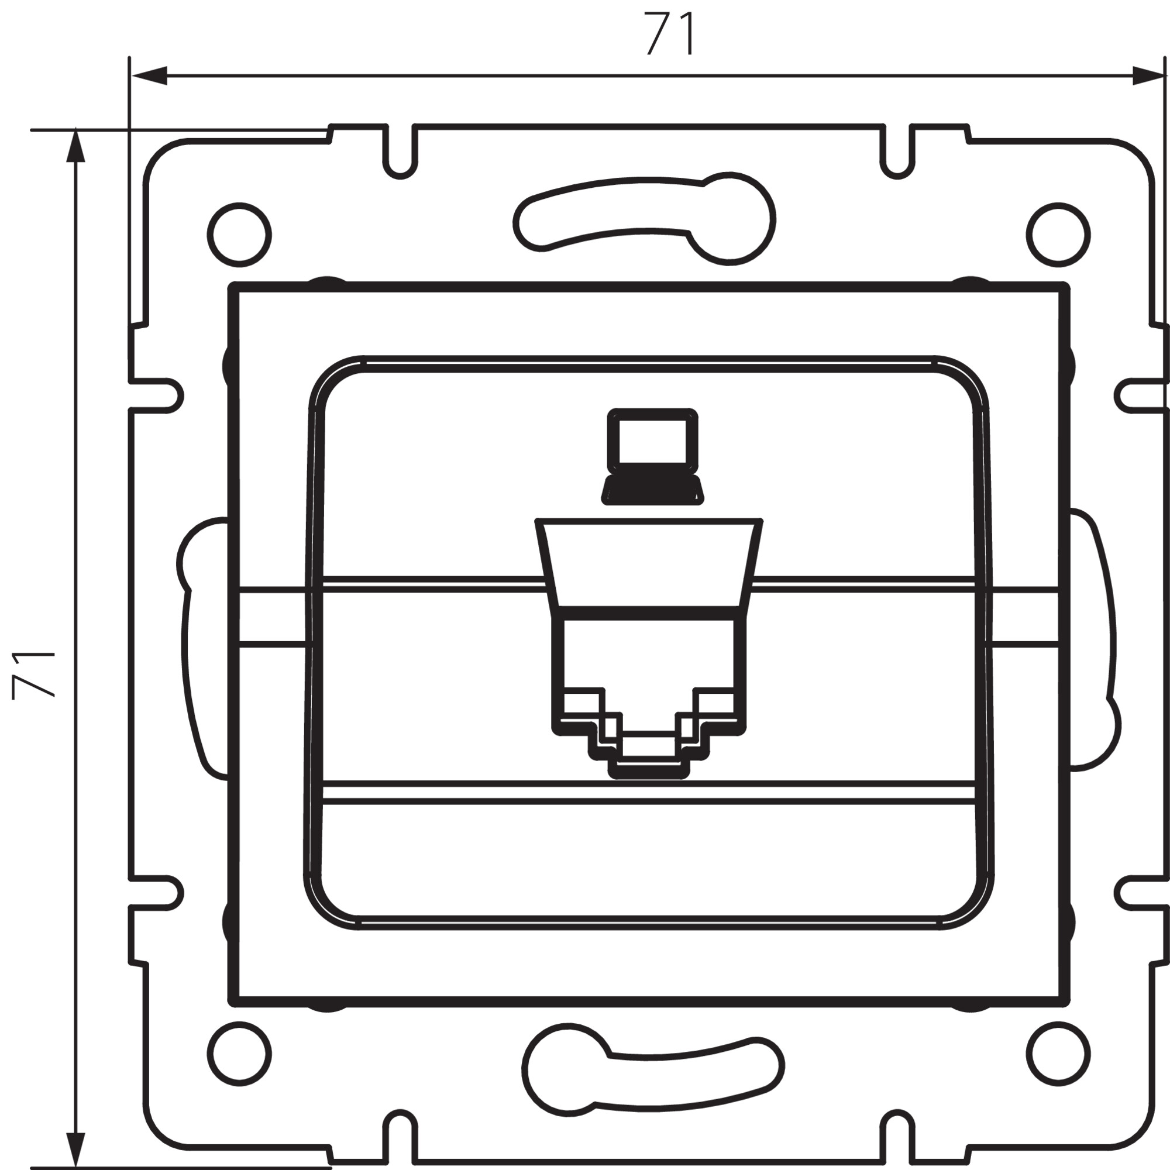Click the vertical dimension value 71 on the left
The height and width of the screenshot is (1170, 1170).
(34, 675)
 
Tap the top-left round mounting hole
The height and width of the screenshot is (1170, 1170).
(239, 235)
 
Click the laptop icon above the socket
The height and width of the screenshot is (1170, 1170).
(653, 457)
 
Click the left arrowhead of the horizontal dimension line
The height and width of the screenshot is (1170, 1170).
(149, 75)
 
